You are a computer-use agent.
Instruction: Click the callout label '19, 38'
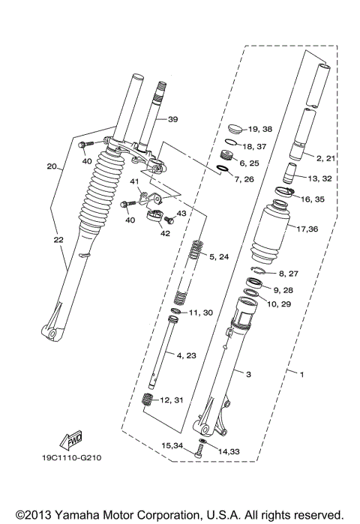coord(261,129)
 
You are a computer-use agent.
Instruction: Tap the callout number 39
coord(172,120)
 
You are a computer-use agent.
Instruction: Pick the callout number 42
coord(165,233)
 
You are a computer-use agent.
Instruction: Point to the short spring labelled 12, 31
coord(148,400)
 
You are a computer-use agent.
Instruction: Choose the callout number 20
coord(52,166)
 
